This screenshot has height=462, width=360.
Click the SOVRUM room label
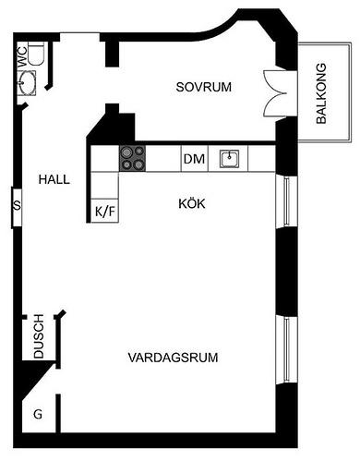pyautogui.click(x=203, y=87)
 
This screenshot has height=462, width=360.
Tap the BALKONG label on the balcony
pyautogui.click(x=321, y=93)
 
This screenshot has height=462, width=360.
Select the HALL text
pyautogui.click(x=54, y=179)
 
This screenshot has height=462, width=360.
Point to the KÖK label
pyautogui.click(x=192, y=202)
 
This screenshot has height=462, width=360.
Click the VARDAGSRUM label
pyautogui.click(x=166, y=357)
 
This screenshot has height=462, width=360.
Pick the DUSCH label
pyautogui.click(x=39, y=340)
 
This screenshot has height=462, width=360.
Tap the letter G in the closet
pyautogui.click(x=38, y=414)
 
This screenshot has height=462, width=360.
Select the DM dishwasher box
pyautogui.click(x=193, y=159)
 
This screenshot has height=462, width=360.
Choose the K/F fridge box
pyautogui.click(x=105, y=211)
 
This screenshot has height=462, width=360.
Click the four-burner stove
pyautogui.click(x=133, y=158)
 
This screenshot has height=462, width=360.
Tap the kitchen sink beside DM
pyautogui.click(x=231, y=159)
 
